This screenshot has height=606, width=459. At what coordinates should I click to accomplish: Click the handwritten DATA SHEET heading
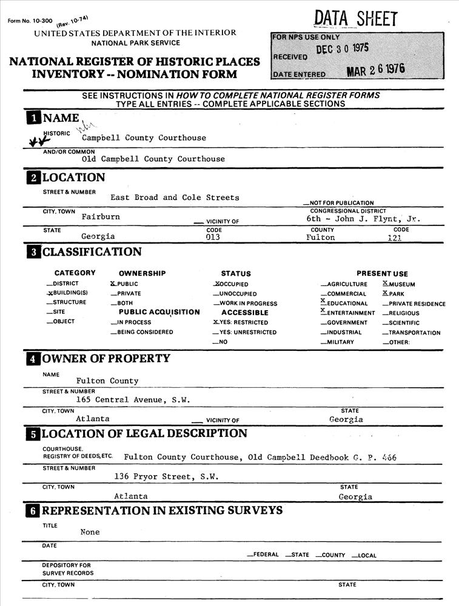[x=356, y=19]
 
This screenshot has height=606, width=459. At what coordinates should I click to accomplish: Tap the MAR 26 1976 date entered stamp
[x=375, y=70]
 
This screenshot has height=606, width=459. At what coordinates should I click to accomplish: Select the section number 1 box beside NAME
[x=33, y=118]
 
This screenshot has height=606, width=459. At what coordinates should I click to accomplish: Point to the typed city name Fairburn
[x=101, y=216]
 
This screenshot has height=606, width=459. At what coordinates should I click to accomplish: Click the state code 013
[x=213, y=238]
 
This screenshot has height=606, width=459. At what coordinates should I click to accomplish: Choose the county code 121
[x=395, y=238]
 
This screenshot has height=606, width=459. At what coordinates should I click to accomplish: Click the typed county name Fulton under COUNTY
[x=320, y=238]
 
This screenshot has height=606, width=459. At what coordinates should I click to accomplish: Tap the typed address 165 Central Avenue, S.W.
[x=133, y=400]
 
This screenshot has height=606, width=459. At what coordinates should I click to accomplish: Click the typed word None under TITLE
[x=90, y=532]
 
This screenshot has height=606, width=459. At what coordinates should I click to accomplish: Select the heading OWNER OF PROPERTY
[x=106, y=359]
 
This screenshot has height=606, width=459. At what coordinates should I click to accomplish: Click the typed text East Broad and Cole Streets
[x=175, y=198]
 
